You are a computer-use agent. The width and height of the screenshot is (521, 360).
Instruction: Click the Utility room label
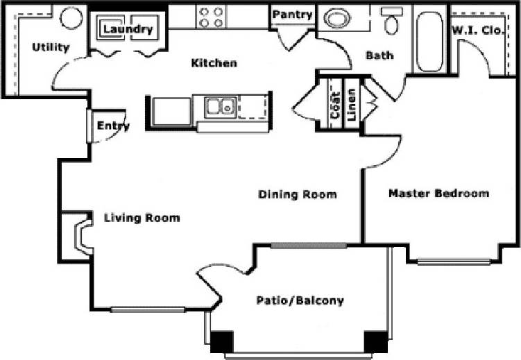coord(51,47)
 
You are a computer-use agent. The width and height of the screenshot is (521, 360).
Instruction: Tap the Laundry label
coord(128,29)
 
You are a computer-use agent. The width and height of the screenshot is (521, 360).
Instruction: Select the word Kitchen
coord(214,63)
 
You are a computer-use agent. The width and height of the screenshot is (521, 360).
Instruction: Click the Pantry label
coord(292,15)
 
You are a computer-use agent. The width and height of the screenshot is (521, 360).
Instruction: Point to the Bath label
coord(379,55)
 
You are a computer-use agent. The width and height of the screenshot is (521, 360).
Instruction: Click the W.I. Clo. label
coord(483,30)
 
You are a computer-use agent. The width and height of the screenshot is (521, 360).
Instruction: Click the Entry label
coord(113,126)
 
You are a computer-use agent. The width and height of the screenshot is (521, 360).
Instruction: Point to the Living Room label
coord(142,218)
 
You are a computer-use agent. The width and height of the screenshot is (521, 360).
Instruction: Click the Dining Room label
coord(298,194)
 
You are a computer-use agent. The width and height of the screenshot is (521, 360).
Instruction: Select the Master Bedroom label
coord(438,193)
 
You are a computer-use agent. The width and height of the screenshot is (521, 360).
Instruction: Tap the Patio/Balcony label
coord(300,300)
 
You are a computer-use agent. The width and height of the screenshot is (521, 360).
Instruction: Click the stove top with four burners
coord(211,17)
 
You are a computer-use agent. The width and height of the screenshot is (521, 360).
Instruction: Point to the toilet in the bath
coord(392,23)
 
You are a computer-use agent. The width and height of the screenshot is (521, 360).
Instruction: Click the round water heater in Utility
coord(71,18)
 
